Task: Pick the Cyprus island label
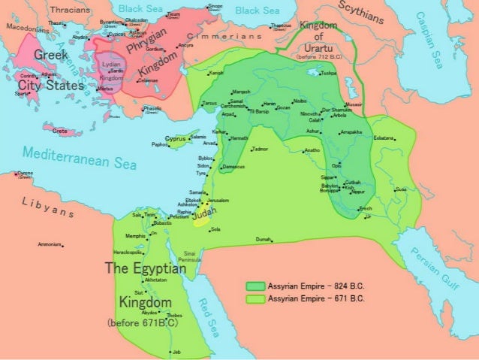point(175,139)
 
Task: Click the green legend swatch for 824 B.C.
point(255,286)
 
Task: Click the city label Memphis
point(135,235)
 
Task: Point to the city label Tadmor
point(261,149)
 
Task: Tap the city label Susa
point(402,189)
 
